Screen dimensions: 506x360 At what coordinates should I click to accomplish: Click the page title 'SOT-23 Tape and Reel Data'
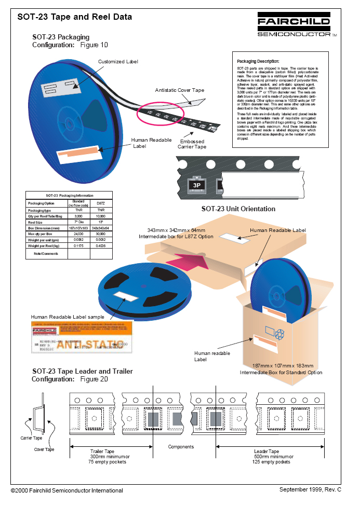pos(74,17)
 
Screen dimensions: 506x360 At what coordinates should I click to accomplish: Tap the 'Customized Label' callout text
pos(118,61)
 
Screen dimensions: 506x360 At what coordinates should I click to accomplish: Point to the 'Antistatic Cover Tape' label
pos(180,90)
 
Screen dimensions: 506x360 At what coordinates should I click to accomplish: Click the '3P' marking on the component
pos(197,185)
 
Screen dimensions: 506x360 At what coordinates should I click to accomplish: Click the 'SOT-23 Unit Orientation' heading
pos(238,209)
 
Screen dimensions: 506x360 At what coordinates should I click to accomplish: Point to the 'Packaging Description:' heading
pos(258,62)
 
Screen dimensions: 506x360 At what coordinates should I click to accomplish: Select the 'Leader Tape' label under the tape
pos(266,451)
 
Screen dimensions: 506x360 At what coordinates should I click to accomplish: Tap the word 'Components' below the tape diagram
pos(181,446)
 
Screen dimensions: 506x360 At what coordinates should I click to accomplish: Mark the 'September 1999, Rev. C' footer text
pos(310,489)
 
